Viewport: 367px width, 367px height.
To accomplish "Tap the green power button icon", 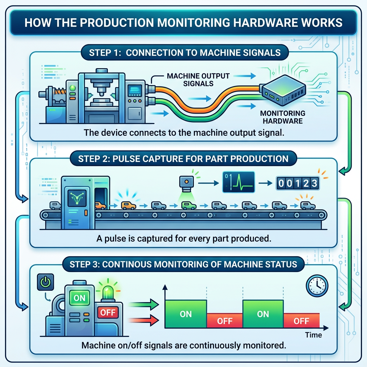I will [45, 283].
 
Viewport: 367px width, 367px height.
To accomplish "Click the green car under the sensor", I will [189, 205].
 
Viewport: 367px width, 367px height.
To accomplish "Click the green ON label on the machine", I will [79, 297].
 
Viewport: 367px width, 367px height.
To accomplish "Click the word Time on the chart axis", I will [313, 335].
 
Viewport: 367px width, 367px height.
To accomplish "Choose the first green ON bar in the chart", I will [186, 314].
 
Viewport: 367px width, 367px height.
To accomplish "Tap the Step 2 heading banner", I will [183, 159].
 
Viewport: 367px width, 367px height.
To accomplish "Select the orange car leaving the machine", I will [129, 205].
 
